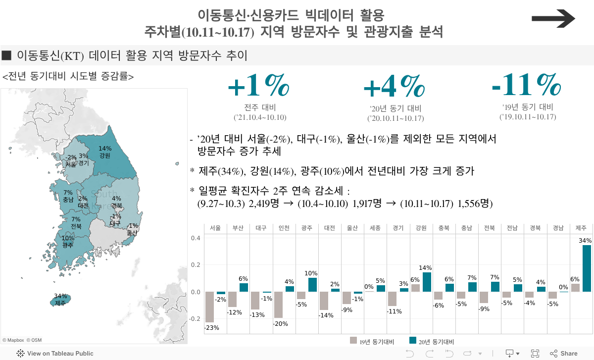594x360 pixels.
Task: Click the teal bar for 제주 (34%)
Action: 587,268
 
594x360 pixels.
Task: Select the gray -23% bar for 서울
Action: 210,307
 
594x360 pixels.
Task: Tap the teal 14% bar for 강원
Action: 427,282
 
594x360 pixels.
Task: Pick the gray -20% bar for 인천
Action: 278,305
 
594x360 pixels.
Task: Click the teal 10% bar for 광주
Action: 312,285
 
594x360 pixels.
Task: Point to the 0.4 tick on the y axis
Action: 196,238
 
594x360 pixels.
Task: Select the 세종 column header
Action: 375,228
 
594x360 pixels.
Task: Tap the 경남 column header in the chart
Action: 558,228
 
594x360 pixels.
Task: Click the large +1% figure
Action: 259,87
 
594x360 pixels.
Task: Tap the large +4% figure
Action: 395,88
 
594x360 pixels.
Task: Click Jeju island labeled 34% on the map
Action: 61,300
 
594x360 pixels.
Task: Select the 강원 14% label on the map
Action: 105,152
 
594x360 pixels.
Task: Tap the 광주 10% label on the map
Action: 68,242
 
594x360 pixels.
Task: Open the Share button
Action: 564,354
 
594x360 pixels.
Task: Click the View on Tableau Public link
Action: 55,354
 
